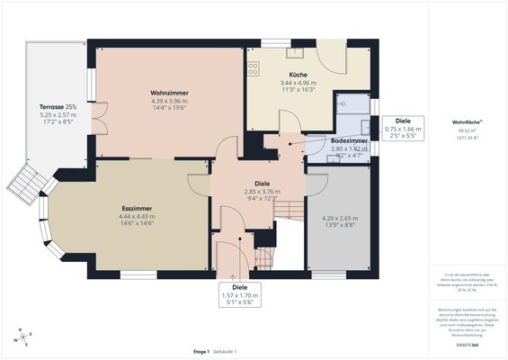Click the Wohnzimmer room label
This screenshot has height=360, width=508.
[x=168, y=93]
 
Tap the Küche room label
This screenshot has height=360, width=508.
[x=299, y=74]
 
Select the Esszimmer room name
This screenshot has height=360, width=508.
[x=136, y=209]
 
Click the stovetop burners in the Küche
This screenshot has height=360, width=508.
[x=254, y=65]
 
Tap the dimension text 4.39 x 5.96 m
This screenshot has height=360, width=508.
[x=168, y=101]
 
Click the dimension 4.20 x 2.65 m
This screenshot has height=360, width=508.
[x=340, y=218]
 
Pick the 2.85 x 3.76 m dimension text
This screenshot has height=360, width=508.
[x=263, y=191]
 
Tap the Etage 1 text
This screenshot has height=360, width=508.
[x=201, y=351]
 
